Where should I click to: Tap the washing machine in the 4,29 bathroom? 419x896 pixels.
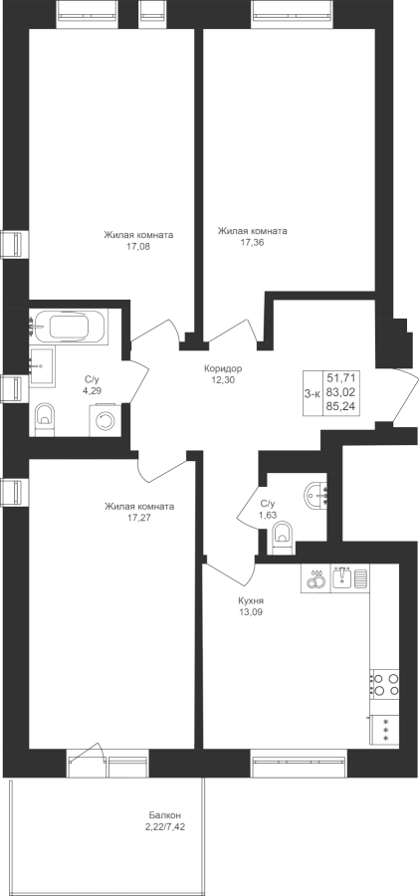(105, 420)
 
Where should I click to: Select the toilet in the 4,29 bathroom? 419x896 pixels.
(44, 419)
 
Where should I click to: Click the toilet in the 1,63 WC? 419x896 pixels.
(283, 539)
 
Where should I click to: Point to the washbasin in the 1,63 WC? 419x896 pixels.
(316, 495)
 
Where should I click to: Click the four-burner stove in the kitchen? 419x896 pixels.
(385, 684)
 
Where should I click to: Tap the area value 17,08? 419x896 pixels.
(139, 248)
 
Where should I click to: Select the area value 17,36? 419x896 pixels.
(252, 242)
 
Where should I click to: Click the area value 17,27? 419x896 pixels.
(139, 518)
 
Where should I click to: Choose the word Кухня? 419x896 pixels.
(251, 601)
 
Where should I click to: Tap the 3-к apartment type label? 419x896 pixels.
(313, 393)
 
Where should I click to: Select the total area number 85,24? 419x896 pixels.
(341, 408)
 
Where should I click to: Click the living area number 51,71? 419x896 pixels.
(341, 377)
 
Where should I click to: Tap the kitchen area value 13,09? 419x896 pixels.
(251, 612)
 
